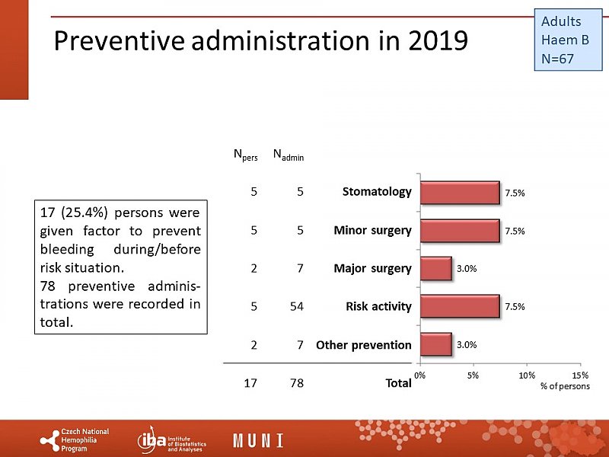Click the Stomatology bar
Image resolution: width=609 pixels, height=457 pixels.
coord(459,193)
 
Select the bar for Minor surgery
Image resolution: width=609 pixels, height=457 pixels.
coord(459,230)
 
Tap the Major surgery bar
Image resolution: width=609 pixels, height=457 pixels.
coord(435,268)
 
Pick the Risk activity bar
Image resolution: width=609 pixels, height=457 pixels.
coord(459,306)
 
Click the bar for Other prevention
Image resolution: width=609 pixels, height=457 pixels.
coord(435,344)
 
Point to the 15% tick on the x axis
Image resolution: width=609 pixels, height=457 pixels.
coord(579,375)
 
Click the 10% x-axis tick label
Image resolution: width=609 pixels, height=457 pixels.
coord(526,375)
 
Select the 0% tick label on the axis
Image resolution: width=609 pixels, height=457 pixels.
coord(419,375)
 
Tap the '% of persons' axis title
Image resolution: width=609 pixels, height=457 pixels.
coord(565,386)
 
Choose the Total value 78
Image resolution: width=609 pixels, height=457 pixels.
coord(296,383)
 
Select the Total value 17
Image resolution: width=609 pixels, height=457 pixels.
coord(250,383)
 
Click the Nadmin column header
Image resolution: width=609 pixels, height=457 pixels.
coord(289,156)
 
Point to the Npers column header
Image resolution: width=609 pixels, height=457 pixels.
coord(245,156)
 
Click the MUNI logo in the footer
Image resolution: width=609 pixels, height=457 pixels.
coord(258,440)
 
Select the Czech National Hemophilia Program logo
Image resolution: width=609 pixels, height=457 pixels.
coord(75,440)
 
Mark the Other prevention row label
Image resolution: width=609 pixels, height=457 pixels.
coord(364,345)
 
